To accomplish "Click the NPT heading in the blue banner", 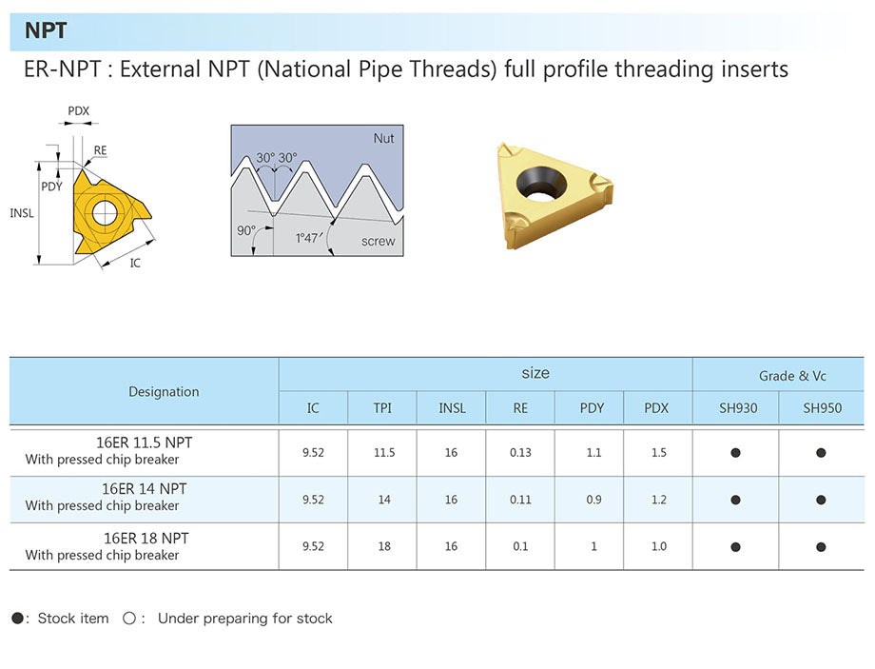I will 46,30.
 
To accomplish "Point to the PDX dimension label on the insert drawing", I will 78,111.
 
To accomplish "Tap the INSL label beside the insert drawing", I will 22,213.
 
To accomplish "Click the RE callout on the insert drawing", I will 100,150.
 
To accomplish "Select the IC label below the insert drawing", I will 135,263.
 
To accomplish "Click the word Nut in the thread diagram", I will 383,138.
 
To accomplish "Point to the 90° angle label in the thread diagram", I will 246,230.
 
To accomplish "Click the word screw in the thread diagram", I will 378,241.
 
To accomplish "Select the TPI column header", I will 382,408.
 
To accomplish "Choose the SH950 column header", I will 822,408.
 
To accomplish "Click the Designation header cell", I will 164,391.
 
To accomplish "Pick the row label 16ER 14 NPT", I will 145,488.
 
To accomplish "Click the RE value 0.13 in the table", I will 520,453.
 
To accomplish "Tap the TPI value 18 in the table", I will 383,546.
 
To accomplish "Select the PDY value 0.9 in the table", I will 592,500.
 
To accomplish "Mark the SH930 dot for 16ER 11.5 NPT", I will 735,453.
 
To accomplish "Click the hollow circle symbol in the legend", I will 129,619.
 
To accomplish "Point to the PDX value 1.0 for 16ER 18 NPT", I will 658,546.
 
